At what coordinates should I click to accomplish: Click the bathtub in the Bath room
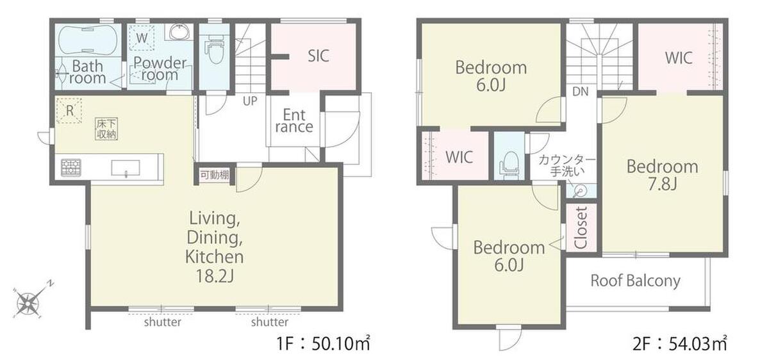pyautogui.click(x=88, y=40)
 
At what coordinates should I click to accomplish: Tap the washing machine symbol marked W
pyautogui.click(x=142, y=38)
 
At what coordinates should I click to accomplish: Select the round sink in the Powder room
pyautogui.click(x=179, y=33)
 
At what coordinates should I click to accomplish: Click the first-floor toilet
pyautogui.click(x=215, y=51)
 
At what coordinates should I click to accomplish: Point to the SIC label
pyautogui.click(x=318, y=56)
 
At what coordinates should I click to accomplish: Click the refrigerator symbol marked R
pyautogui.click(x=69, y=111)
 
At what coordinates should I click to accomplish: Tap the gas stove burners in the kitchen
pyautogui.click(x=71, y=167)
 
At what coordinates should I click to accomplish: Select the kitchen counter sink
pyautogui.click(x=126, y=168)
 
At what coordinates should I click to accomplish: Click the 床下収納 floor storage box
pyautogui.click(x=106, y=129)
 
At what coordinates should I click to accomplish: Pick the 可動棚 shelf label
pyautogui.click(x=215, y=175)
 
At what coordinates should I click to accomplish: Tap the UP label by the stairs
pyautogui.click(x=250, y=101)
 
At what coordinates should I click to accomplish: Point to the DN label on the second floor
pyautogui.click(x=580, y=92)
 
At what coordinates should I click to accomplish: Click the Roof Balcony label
pyautogui.click(x=635, y=281)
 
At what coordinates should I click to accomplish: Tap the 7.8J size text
pyautogui.click(x=662, y=184)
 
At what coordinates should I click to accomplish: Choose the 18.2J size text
pyautogui.click(x=215, y=275)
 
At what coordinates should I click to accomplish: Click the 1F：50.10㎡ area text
pyautogui.click(x=324, y=343)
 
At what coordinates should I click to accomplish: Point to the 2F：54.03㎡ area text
pyautogui.click(x=680, y=343)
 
